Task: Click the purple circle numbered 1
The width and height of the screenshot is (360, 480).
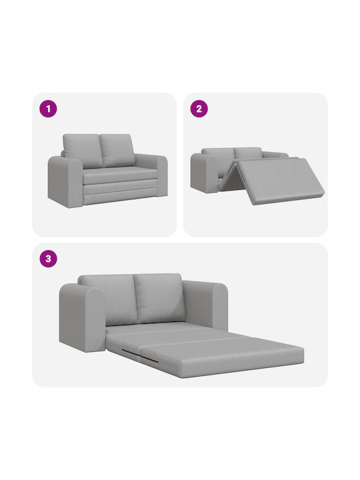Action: (x=48, y=109)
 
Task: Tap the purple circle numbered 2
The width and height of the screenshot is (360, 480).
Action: (x=199, y=109)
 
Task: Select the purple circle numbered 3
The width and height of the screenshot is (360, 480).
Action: (x=49, y=259)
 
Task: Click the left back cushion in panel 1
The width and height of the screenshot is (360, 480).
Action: (x=82, y=151)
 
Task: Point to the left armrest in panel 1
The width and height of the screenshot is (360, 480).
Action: (x=65, y=181)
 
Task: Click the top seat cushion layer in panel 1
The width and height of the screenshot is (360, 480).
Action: (x=119, y=175)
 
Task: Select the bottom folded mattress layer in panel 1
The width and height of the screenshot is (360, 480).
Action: (x=121, y=196)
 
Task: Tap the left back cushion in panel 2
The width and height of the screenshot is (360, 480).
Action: (x=219, y=155)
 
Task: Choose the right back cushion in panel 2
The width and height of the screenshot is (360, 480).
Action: (x=248, y=153)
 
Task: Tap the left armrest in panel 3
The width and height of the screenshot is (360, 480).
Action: (x=82, y=319)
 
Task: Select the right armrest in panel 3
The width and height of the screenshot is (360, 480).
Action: (x=206, y=306)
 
